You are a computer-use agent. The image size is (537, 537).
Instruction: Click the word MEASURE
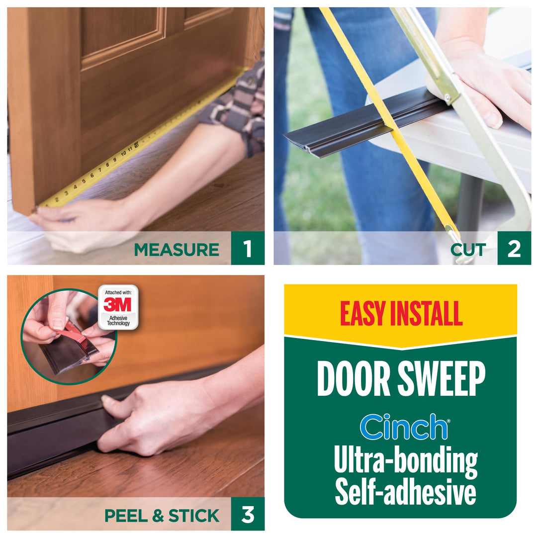pos(177,249)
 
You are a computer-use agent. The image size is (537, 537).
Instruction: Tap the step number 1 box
pos(248,249)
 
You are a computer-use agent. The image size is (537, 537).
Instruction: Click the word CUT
pos(468,249)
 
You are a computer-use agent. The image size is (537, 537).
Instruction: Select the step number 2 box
pos(514,249)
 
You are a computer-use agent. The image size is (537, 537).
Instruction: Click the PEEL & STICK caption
pos(162,516)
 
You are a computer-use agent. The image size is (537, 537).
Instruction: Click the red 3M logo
pos(118,304)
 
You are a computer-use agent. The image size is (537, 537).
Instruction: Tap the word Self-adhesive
pos(405,492)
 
